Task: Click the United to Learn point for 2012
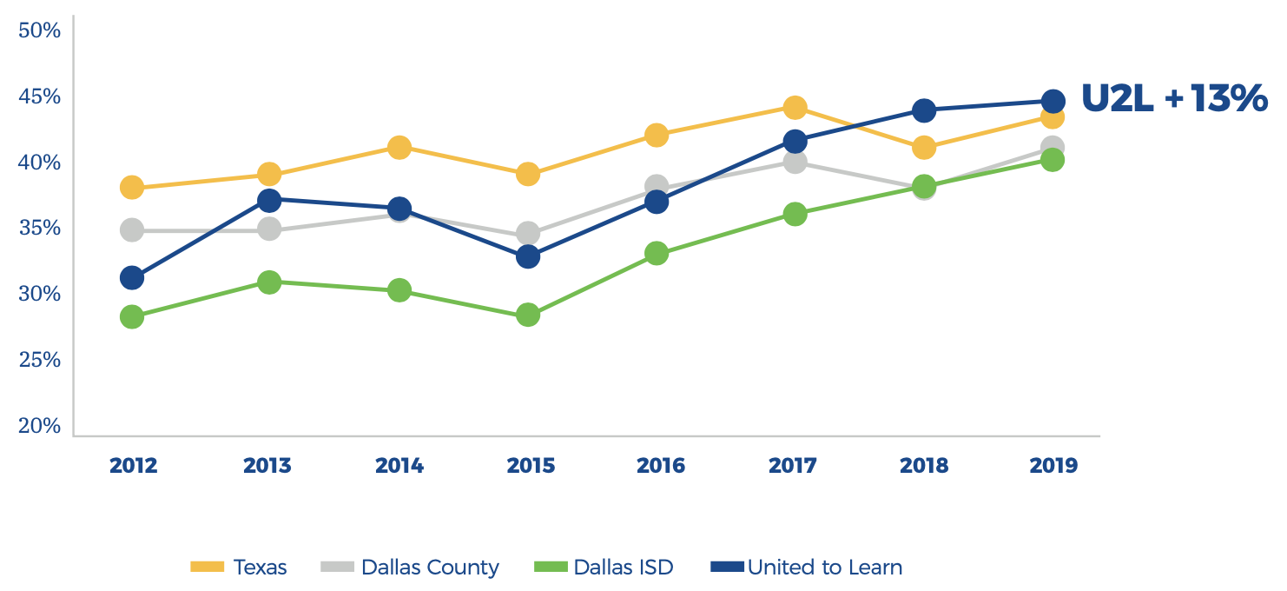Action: [x=132, y=278]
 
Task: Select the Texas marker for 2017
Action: [x=795, y=108]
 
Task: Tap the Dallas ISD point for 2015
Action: [x=528, y=315]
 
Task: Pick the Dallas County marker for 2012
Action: [x=132, y=230]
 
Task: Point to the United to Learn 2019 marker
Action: [x=1053, y=102]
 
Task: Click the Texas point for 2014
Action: [x=399, y=147]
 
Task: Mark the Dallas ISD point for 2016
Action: [x=657, y=254]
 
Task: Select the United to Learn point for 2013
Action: [x=269, y=201]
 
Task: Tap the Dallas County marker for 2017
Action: [x=795, y=162]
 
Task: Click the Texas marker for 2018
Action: [x=924, y=148]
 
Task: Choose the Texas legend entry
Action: [x=239, y=568]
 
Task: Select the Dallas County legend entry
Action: [x=411, y=568]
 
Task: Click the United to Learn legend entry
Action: [x=807, y=568]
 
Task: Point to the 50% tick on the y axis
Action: [x=40, y=31]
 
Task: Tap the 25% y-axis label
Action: [x=40, y=360]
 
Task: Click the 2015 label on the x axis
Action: [x=531, y=466]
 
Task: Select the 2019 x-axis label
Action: [x=1053, y=466]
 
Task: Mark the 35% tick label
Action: [x=40, y=229]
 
